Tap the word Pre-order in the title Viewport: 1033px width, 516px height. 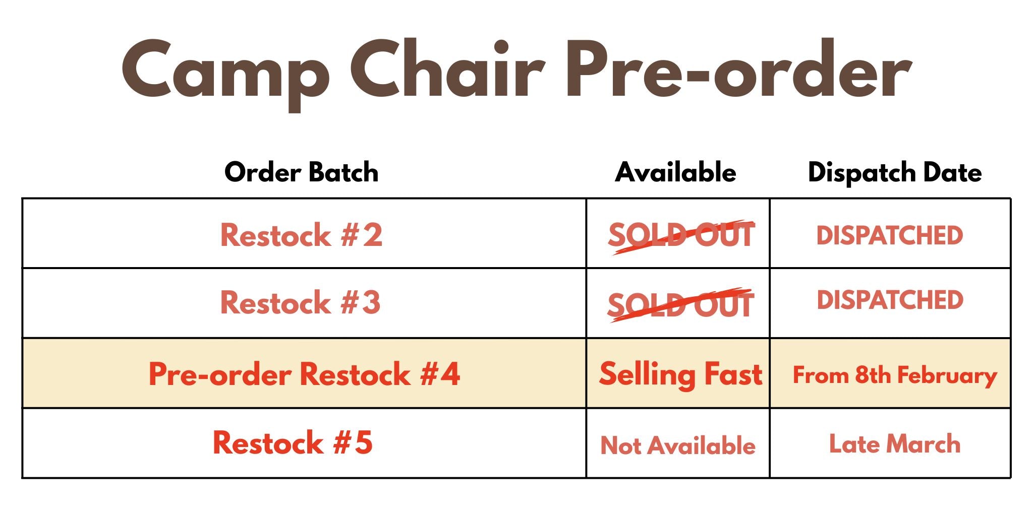click(739, 69)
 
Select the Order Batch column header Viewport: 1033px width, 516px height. click(301, 172)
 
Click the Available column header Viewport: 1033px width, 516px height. click(675, 172)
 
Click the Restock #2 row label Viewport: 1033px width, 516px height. click(301, 235)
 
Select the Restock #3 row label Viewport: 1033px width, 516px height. click(300, 302)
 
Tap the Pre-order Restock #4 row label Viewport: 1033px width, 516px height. click(304, 374)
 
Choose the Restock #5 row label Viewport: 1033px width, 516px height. click(293, 442)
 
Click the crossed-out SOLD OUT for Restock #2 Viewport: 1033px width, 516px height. click(681, 236)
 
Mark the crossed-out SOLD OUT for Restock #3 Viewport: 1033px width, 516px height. click(680, 305)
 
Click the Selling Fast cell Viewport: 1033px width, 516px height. click(680, 375)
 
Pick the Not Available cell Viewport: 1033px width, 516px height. click(678, 445)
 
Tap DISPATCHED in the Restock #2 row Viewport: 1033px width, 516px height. click(890, 235)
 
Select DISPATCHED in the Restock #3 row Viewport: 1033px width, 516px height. click(890, 300)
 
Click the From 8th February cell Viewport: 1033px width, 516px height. click(895, 376)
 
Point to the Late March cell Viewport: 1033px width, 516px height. click(895, 444)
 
